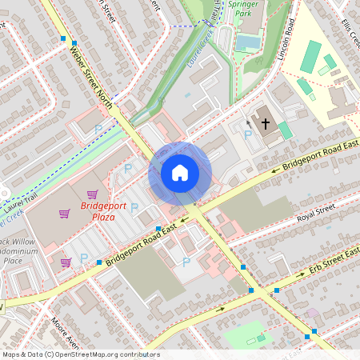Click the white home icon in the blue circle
pos(180,173)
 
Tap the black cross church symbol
pos(265,123)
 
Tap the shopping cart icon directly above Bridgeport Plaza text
pos(93,194)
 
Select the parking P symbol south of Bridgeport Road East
pos(186,262)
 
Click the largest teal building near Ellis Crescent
pos(311,55)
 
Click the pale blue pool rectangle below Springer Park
pos(252,41)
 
